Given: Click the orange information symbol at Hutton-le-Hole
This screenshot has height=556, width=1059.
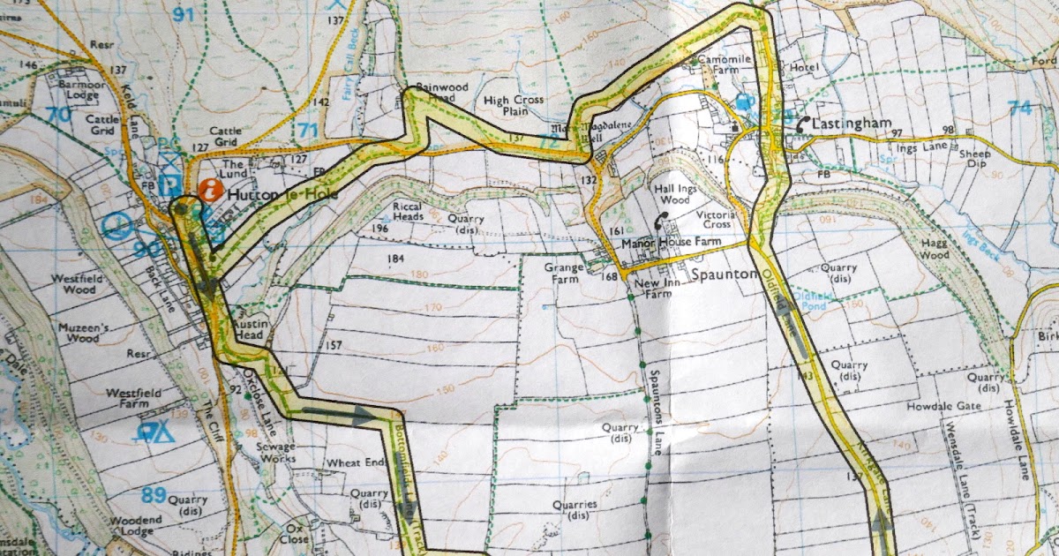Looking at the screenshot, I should pyautogui.click(x=210, y=189).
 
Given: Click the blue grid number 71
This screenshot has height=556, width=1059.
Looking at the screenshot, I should pyautogui.click(x=307, y=131).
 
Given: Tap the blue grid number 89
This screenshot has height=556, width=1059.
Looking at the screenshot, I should pyautogui.click(x=154, y=495).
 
